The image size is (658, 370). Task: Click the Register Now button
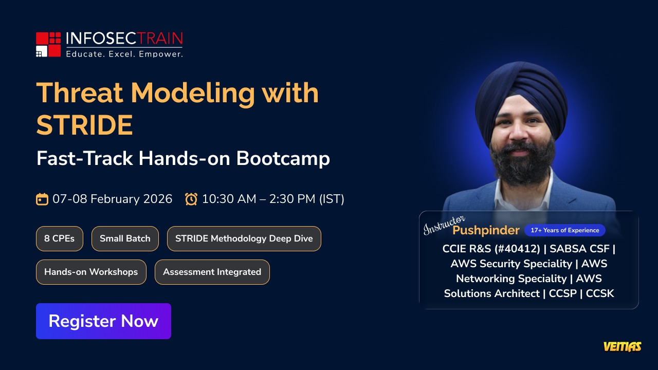click(x=103, y=321)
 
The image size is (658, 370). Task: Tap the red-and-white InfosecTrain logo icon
click(x=48, y=44)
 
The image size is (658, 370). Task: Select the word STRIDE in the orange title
click(x=85, y=125)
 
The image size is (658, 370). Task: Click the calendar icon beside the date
click(x=42, y=199)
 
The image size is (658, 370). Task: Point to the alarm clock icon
click(x=191, y=199)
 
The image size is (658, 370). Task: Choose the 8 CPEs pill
click(x=59, y=238)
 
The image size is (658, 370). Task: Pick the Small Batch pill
click(x=125, y=238)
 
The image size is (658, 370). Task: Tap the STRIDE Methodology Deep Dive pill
click(x=244, y=238)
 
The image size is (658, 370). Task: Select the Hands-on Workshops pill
click(x=91, y=272)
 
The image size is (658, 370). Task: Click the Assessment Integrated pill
click(x=212, y=272)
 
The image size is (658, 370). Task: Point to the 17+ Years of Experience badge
click(x=565, y=230)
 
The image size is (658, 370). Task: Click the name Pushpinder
click(x=486, y=230)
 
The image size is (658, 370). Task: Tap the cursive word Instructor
click(x=444, y=225)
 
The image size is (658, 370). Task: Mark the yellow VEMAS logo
click(x=623, y=346)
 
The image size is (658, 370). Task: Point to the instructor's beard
click(x=522, y=164)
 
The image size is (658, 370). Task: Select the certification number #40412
click(x=517, y=249)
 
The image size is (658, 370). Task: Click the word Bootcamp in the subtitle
click(x=283, y=159)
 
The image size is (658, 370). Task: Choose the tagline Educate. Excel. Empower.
click(x=124, y=54)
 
